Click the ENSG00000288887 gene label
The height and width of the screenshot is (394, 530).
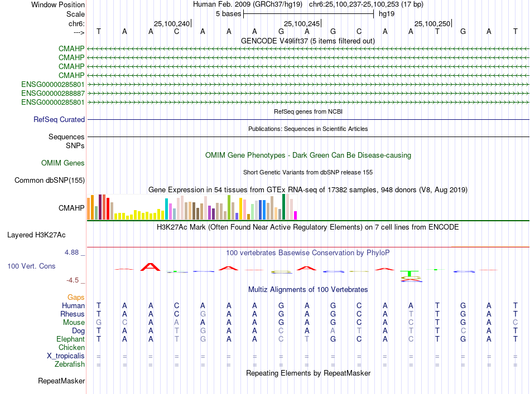coord(53,93)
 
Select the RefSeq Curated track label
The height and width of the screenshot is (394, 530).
coord(59,119)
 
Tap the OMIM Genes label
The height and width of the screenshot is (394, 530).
coord(63,163)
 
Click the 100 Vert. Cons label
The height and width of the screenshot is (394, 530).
coord(31,266)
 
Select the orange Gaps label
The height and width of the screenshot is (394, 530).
coord(76,297)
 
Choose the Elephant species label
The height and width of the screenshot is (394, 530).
coord(70,339)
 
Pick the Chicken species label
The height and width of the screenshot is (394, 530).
coord(71,347)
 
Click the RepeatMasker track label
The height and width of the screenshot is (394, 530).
coord(61,381)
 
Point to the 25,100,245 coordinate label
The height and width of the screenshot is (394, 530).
coord(302,23)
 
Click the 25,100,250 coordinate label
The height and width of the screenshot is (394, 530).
coord(432,23)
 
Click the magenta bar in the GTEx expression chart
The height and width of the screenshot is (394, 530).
coord(296,215)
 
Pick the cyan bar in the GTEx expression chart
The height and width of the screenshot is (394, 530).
coord(166,208)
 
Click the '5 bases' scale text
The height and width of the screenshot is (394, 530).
coord(228,13)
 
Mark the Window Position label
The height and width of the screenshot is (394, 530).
coord(58,4)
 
